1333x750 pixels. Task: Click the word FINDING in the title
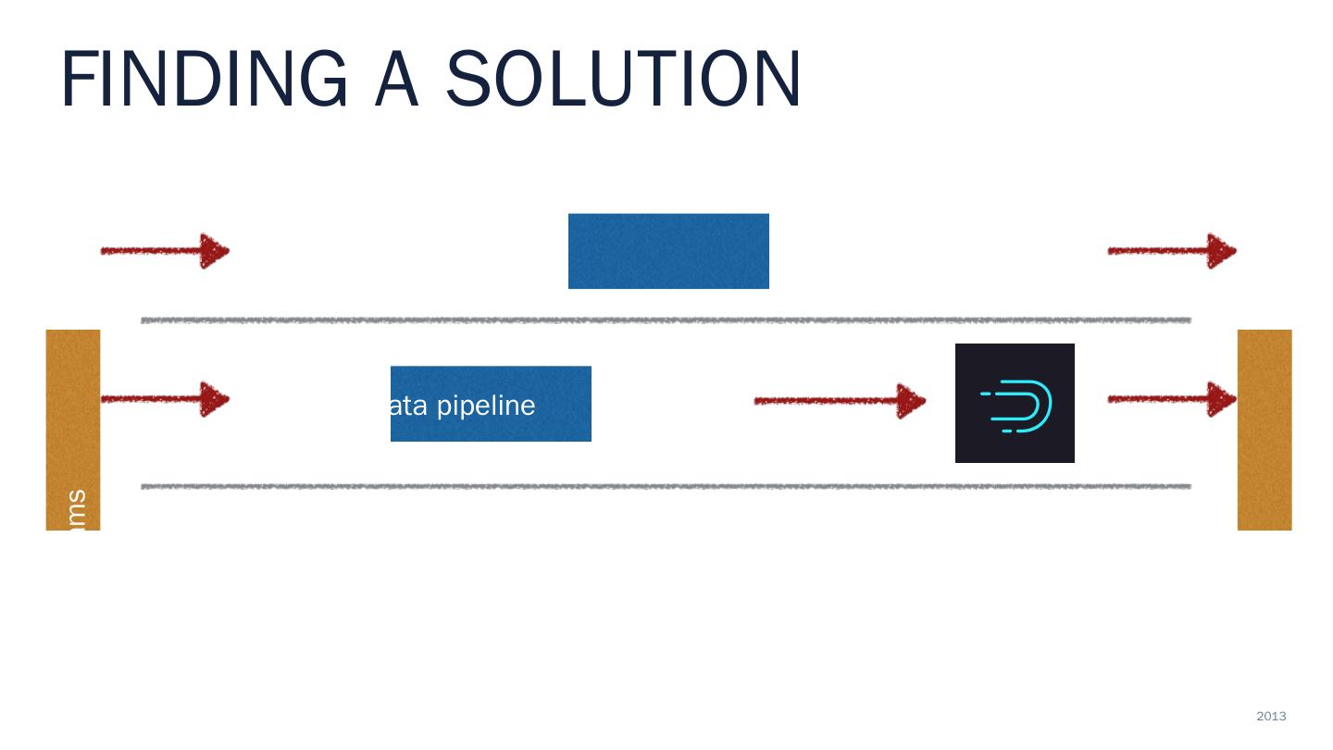click(205, 80)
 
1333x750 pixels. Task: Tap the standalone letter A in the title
click(398, 80)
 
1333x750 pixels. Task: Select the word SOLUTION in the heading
click(623, 80)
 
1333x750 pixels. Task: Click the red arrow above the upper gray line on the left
click(165, 251)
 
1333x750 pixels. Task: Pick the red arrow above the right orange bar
click(1172, 251)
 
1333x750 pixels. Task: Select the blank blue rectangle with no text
click(668, 251)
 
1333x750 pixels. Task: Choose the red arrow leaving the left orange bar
click(165, 400)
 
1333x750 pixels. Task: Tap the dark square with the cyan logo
click(1015, 403)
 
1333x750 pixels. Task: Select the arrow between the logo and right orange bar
click(1172, 400)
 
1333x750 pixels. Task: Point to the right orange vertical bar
click(1264, 430)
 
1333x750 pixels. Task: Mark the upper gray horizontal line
click(666, 320)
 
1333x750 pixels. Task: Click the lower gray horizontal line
click(666, 486)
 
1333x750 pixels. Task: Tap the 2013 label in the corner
click(1271, 716)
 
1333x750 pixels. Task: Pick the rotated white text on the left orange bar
click(77, 510)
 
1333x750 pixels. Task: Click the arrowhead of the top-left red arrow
click(214, 251)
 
